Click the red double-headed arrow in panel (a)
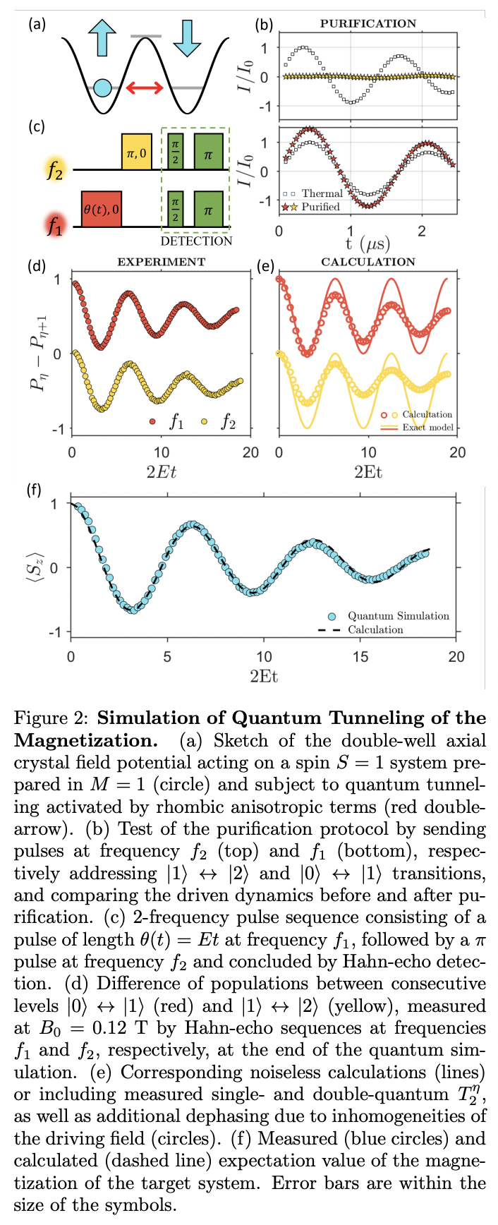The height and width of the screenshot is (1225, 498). tap(145, 88)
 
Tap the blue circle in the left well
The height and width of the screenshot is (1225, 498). tap(102, 88)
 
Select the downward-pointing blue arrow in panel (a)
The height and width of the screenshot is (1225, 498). tap(187, 37)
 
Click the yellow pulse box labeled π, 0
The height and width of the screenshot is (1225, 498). tap(136, 151)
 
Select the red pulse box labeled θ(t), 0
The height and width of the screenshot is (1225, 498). tap(101, 208)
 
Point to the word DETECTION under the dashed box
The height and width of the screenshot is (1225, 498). tap(196, 241)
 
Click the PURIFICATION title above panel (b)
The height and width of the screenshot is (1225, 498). tap(368, 23)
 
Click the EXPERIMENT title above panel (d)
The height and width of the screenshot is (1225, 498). tap(161, 262)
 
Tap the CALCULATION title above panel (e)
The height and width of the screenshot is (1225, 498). tap(368, 262)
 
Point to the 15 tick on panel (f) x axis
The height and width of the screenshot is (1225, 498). tap(360, 657)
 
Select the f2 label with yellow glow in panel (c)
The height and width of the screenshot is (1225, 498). tap(54, 170)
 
